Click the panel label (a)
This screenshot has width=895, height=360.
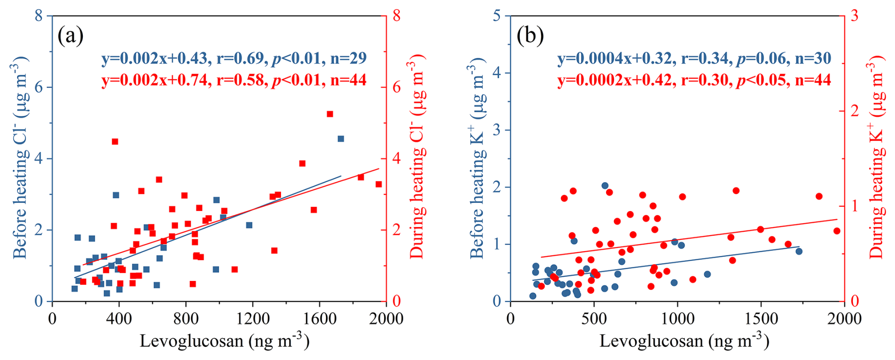point(70,36)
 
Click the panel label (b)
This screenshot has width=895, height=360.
point(530,36)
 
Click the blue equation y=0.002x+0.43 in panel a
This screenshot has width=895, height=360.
point(154,58)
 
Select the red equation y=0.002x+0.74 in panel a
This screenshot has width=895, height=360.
point(154,80)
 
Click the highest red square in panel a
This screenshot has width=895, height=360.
point(330,114)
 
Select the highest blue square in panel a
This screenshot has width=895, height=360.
point(341,139)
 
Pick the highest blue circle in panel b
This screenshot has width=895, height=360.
point(605,185)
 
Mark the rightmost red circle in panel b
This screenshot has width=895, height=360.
point(837,231)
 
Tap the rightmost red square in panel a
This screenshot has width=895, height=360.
point(378,184)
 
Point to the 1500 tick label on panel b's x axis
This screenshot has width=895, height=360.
point(761,318)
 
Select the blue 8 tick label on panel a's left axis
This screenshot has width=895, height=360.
point(39,16)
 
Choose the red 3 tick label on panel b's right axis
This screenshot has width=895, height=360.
point(854,16)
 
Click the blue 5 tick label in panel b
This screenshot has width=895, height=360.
point(497,16)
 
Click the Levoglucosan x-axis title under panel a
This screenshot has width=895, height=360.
point(224,341)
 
